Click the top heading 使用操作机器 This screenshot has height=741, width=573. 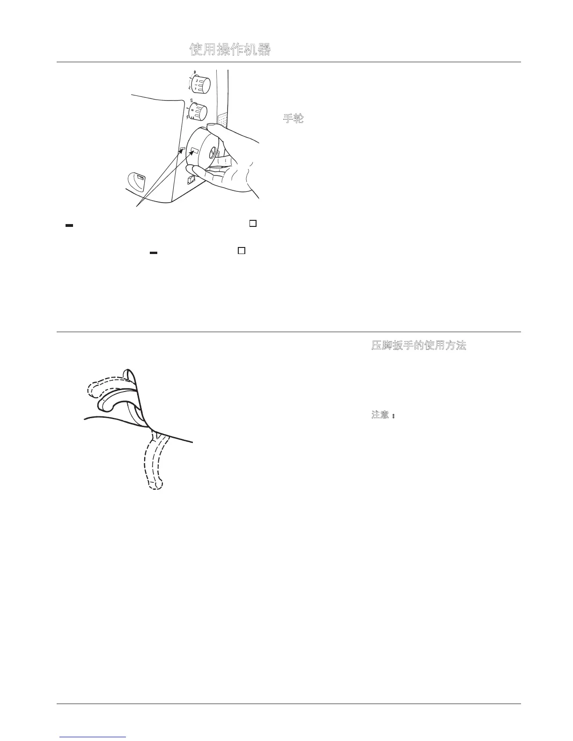(x=230, y=50)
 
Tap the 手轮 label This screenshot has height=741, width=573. (x=294, y=118)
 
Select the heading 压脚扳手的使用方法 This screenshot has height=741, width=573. (x=419, y=346)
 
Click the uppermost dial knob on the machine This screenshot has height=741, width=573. (x=202, y=85)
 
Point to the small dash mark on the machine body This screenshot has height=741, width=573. (x=183, y=149)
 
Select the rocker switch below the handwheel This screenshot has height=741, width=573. (x=191, y=180)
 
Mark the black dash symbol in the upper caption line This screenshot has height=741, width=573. (x=69, y=226)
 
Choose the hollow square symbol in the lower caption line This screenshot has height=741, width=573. (x=242, y=251)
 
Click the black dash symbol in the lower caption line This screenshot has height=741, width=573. (x=153, y=253)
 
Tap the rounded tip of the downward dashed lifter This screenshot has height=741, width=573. (x=156, y=484)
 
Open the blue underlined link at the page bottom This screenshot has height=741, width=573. (x=93, y=737)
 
